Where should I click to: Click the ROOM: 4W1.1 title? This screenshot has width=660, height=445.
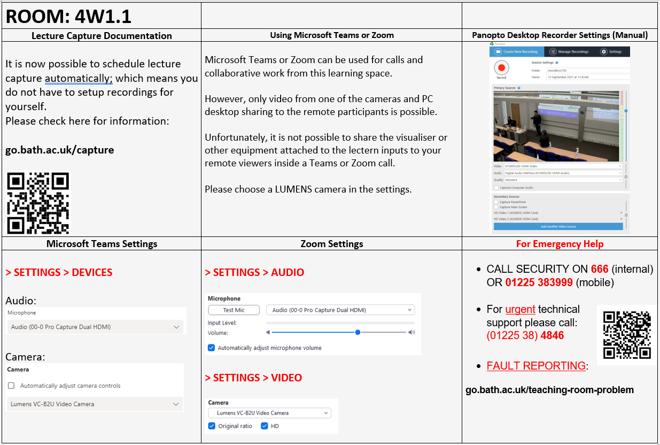pyautogui.click(x=68, y=16)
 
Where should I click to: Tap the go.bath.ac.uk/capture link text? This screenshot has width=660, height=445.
pyautogui.click(x=59, y=150)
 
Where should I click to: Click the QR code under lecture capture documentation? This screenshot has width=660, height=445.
pyautogui.click(x=38, y=203)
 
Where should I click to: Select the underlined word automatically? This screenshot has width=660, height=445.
pyautogui.click(x=79, y=78)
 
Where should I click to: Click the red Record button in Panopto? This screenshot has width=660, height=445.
pyautogui.click(x=501, y=68)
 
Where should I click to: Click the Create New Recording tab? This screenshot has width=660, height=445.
pyautogui.click(x=517, y=52)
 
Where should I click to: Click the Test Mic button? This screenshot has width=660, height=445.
pyautogui.click(x=234, y=310)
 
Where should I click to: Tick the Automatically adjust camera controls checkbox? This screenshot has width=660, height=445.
pyautogui.click(x=11, y=386)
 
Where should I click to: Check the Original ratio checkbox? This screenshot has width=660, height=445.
pyautogui.click(x=212, y=426)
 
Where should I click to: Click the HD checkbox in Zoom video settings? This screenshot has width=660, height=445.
pyautogui.click(x=264, y=426)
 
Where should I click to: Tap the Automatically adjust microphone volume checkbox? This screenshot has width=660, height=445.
pyautogui.click(x=212, y=348)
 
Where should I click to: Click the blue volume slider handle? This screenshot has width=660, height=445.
pyautogui.click(x=358, y=332)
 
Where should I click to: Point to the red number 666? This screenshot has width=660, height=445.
pyautogui.click(x=600, y=269)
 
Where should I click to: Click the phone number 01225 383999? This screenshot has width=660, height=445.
pyautogui.click(x=539, y=282)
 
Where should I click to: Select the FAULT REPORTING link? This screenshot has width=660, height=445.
pyautogui.click(x=536, y=366)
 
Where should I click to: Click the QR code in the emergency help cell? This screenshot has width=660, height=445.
pyautogui.click(x=627, y=335)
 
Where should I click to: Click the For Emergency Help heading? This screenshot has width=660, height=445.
pyautogui.click(x=560, y=244)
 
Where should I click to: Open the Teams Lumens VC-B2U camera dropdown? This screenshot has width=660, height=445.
pyautogui.click(x=95, y=404)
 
